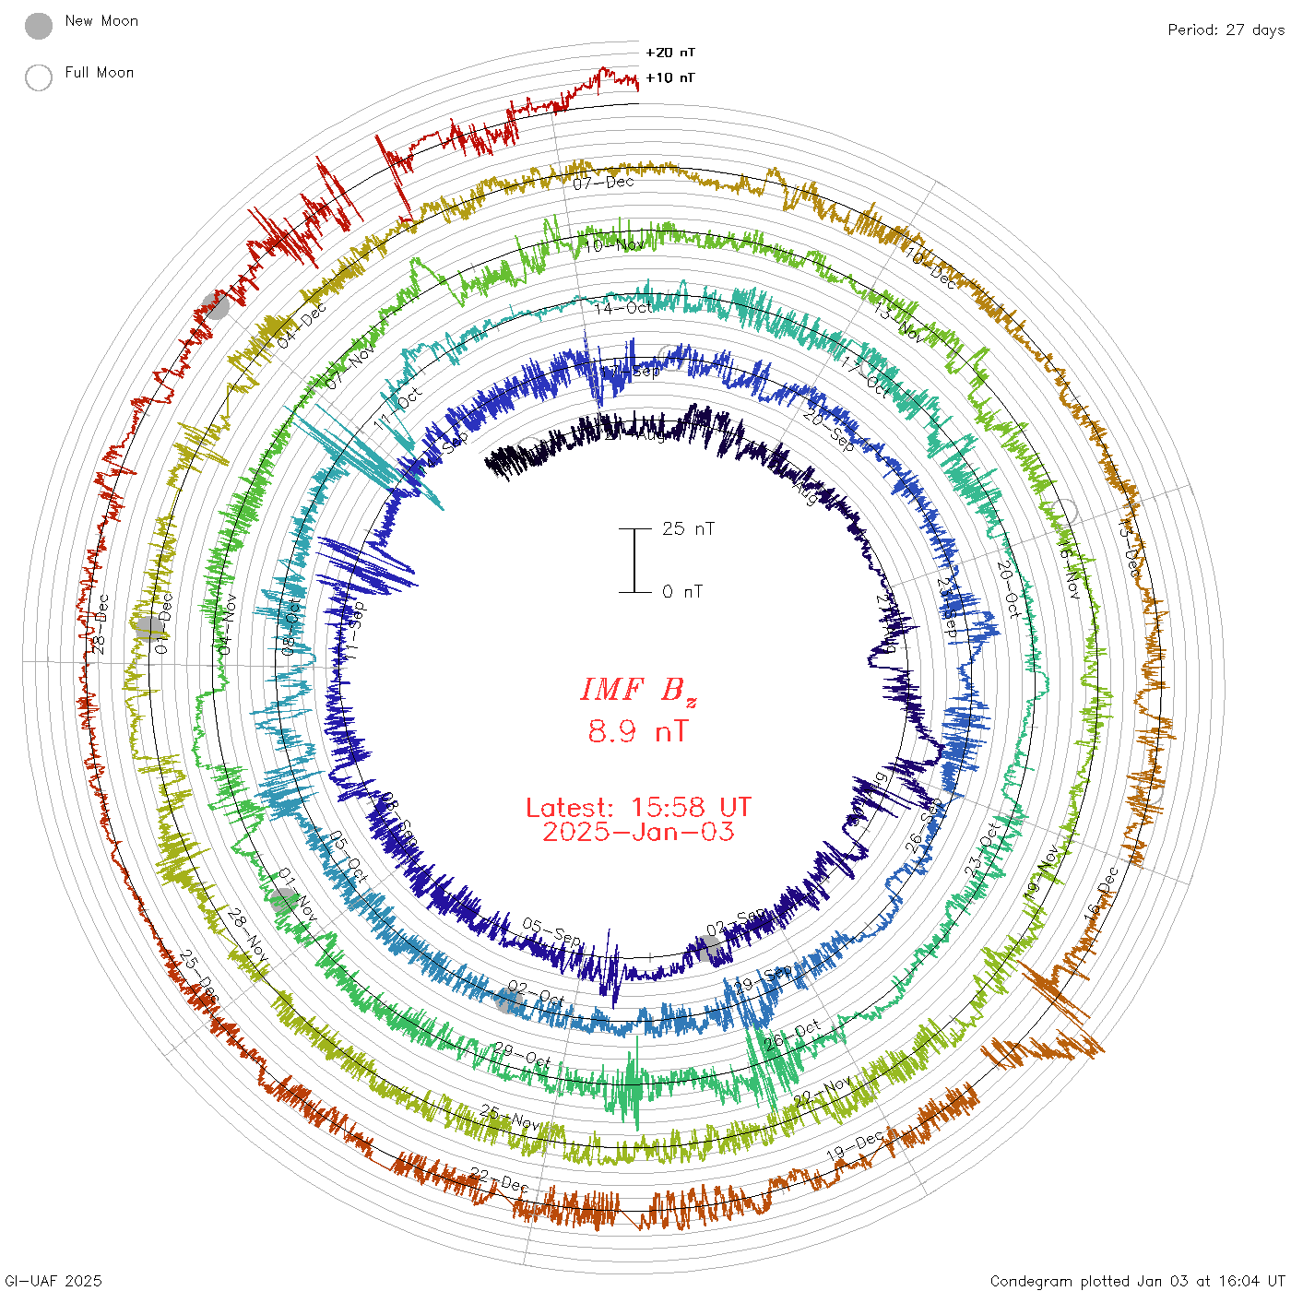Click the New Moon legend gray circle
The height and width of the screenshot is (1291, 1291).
pos(39,26)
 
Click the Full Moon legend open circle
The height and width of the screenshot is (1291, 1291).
pos(39,77)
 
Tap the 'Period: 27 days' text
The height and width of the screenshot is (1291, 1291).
pos(1226,30)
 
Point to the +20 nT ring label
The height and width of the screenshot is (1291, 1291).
pos(670,53)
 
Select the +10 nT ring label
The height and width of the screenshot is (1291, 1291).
pos(670,78)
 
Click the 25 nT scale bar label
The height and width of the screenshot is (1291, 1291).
pos(688,528)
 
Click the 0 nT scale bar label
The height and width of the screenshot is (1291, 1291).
pos(682,592)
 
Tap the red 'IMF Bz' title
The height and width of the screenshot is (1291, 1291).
pos(638,690)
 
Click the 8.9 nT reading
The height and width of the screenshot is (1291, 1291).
pos(638,732)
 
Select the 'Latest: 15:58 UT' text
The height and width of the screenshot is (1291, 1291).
pos(638,808)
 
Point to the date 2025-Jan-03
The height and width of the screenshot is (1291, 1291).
pos(638,832)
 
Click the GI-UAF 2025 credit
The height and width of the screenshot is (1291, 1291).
pos(53,1281)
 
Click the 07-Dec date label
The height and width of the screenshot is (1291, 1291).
pos(604,183)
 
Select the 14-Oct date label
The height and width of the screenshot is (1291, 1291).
pos(623,307)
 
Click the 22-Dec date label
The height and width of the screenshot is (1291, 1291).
pos(499,1179)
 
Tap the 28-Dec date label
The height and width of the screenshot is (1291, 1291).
pos(100,624)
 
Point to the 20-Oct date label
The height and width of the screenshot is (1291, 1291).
pos(1009,589)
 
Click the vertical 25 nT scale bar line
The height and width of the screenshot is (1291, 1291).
pos(634,561)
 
